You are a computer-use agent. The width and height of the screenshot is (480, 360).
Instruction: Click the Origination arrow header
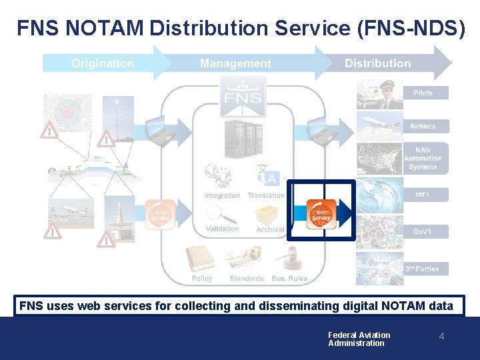(103, 63)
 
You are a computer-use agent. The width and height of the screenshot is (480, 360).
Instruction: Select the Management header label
(235, 63)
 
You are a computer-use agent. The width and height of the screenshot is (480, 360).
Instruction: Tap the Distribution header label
(377, 63)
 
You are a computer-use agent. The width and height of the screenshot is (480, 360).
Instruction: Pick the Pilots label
(423, 93)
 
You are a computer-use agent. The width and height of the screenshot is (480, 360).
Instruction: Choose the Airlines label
(423, 126)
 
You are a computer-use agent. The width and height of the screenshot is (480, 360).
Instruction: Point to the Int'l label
(422, 195)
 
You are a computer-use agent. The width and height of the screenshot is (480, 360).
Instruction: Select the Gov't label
(422, 231)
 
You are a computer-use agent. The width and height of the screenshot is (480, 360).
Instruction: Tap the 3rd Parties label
(422, 269)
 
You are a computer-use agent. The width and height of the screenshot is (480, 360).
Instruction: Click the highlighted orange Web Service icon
(321, 214)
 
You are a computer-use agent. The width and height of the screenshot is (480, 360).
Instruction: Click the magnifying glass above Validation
(221, 214)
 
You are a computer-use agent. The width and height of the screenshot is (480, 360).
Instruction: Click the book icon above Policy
(201, 259)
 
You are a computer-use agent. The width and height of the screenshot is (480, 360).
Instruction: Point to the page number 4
(441, 337)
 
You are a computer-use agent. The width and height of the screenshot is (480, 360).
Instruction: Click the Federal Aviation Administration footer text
(359, 339)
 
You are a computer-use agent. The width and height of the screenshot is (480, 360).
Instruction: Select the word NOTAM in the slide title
(113, 28)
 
